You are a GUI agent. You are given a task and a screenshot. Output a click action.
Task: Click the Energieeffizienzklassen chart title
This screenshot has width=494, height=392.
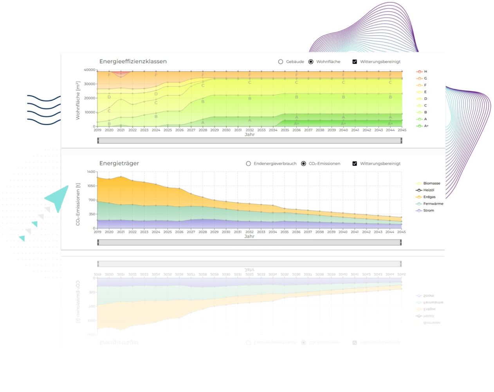(133, 62)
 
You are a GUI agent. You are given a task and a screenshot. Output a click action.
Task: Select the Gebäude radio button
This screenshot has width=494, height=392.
(281, 62)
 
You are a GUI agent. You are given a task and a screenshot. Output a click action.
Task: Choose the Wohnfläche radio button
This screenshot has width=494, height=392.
(311, 62)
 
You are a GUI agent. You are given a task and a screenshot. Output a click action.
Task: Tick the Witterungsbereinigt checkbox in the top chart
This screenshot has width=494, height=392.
(355, 62)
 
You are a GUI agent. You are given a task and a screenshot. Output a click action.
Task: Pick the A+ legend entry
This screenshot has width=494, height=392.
(422, 126)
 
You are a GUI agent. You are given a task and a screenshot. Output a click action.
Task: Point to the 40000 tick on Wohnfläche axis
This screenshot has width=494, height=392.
(90, 70)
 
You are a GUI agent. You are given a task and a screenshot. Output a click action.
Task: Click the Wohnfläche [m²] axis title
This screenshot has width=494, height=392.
(78, 100)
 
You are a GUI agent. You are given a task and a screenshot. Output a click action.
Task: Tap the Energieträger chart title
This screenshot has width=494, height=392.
(119, 163)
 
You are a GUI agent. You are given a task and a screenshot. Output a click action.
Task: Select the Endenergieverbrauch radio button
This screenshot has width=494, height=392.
(249, 163)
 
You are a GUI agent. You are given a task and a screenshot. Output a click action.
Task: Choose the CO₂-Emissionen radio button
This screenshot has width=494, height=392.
(304, 163)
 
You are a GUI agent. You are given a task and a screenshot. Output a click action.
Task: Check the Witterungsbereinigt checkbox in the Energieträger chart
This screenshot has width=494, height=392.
(355, 163)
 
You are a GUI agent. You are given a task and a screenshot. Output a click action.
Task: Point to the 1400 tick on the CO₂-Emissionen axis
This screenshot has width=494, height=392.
(91, 172)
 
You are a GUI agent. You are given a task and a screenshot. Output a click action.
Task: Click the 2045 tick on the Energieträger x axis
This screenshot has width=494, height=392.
(401, 232)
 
